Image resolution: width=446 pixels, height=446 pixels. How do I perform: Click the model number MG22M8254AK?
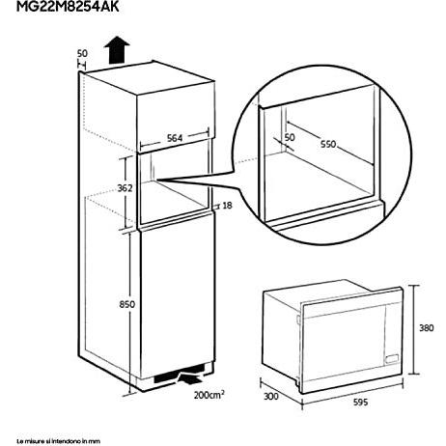(x=68, y=7)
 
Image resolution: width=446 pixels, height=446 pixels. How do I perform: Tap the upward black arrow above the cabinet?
(x=117, y=50)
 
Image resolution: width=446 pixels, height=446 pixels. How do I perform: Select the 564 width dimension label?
(x=175, y=138)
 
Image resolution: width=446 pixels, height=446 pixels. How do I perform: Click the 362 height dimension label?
(x=125, y=188)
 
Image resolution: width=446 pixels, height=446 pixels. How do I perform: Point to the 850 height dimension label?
(x=126, y=304)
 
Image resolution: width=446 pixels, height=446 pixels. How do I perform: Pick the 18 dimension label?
(x=227, y=206)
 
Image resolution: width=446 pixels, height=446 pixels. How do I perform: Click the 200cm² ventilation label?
(x=209, y=395)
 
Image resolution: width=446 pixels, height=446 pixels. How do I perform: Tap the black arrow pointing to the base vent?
(x=190, y=377)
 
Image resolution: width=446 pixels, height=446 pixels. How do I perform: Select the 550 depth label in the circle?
(x=328, y=144)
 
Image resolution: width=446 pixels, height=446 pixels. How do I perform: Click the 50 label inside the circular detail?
(x=290, y=137)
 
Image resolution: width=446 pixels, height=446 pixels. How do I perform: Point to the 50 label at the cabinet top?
(x=82, y=53)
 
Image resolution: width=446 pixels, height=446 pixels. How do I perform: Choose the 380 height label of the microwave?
(x=427, y=328)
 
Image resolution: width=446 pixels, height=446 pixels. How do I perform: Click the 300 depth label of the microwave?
(x=271, y=396)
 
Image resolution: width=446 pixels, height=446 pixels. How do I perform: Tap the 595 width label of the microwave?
(x=360, y=402)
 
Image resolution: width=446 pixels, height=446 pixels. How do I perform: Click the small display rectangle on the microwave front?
(x=392, y=358)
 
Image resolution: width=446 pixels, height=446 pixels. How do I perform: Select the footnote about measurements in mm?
(x=58, y=441)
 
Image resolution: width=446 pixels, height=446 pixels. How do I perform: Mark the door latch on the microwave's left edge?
(x=298, y=320)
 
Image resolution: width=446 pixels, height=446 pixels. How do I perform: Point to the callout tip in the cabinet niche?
(x=157, y=180)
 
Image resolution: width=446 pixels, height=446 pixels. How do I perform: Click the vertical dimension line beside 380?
(x=413, y=329)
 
